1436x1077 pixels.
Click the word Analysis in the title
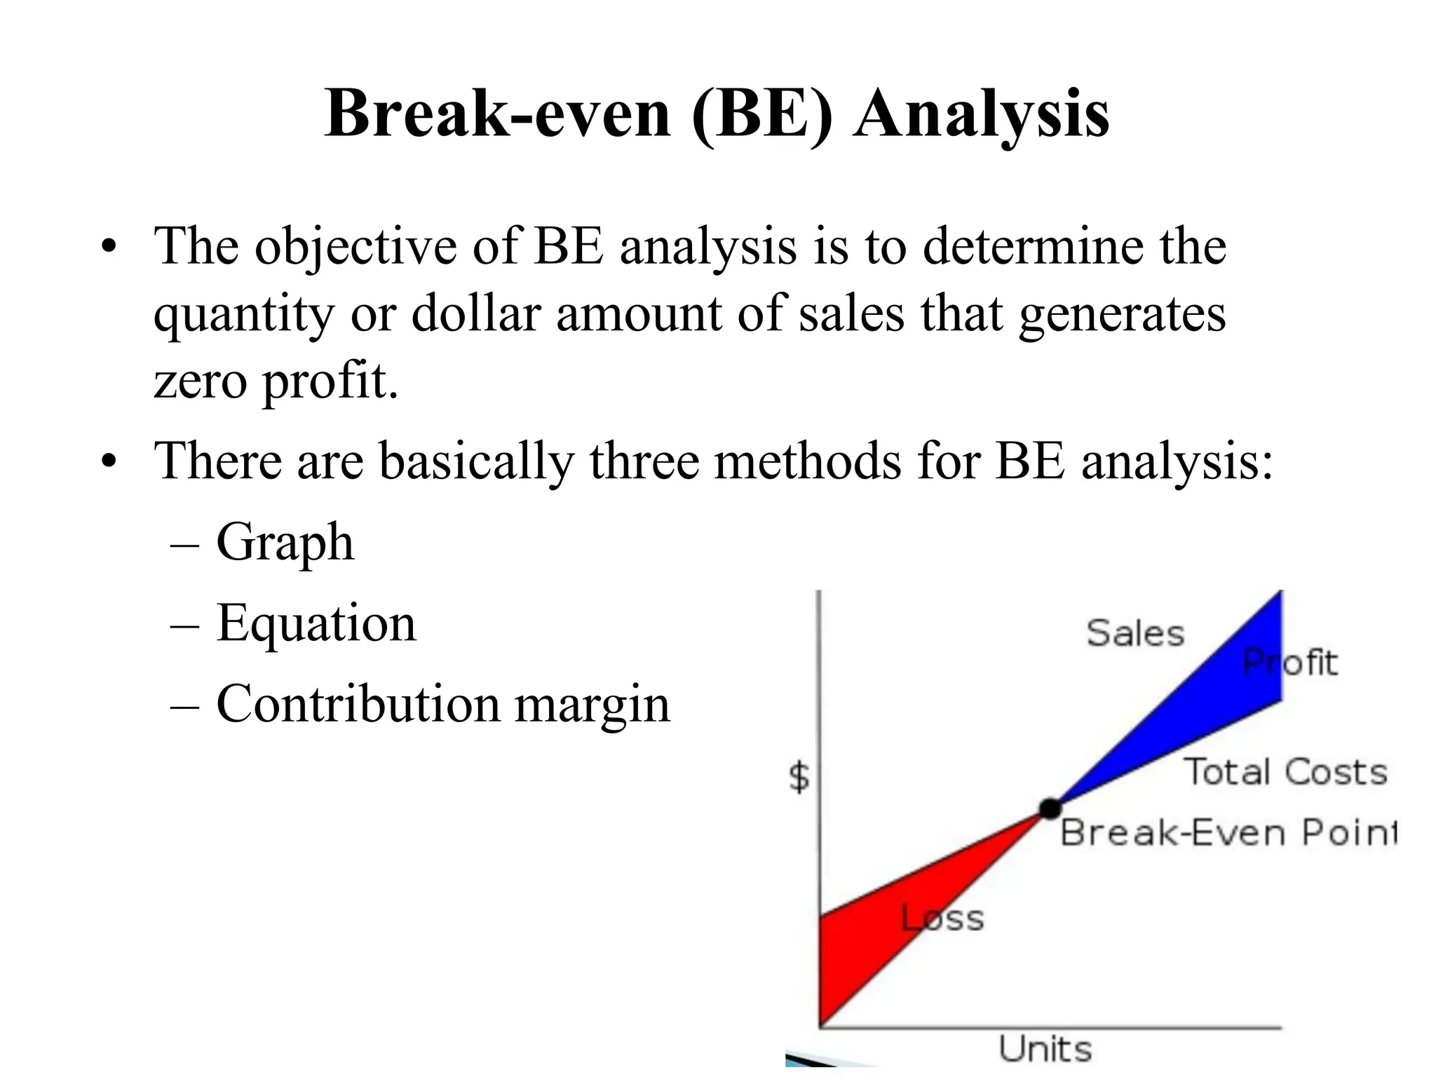click(x=981, y=114)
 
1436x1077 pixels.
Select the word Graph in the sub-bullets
click(x=285, y=543)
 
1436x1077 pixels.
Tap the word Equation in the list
click(x=316, y=623)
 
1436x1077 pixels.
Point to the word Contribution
click(x=358, y=704)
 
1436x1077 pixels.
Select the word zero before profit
click(x=201, y=382)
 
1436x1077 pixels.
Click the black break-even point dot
click(x=1050, y=808)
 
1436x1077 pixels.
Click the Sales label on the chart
click(x=1135, y=633)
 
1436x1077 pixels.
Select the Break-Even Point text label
click(x=1227, y=833)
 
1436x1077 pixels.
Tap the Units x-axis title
click(x=1045, y=1050)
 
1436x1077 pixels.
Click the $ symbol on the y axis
click(x=799, y=777)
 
